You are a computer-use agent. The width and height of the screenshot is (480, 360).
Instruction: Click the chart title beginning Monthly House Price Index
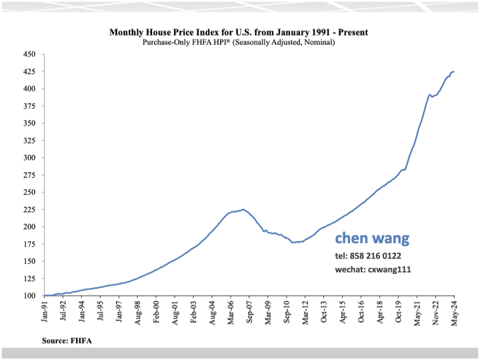[x=238, y=32]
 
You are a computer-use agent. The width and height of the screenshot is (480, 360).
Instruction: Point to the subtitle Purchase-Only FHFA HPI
[x=238, y=42]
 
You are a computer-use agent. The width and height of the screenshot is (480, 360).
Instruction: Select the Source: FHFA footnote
[x=67, y=340]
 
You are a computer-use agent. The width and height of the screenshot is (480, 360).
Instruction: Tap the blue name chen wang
[x=372, y=238]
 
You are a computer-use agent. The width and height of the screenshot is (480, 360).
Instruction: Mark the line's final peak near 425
[x=453, y=71]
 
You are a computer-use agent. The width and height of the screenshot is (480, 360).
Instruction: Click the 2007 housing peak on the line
[x=243, y=209]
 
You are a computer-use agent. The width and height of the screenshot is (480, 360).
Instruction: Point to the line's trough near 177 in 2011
[x=293, y=242]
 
